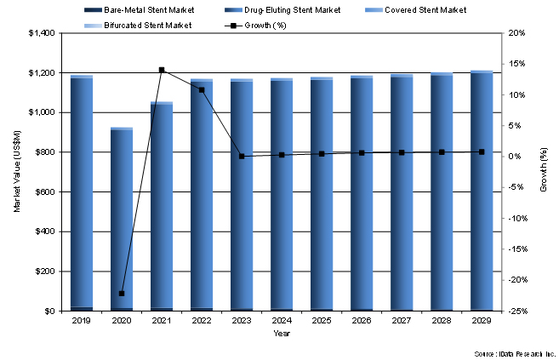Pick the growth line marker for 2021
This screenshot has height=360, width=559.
tap(162, 70)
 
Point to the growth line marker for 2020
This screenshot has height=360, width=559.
tap(122, 294)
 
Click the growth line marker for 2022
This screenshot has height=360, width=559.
tap(202, 89)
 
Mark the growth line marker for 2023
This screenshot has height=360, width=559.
tap(242, 157)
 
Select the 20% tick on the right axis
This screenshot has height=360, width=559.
tap(516, 33)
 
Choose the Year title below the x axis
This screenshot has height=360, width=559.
tap(282, 333)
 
